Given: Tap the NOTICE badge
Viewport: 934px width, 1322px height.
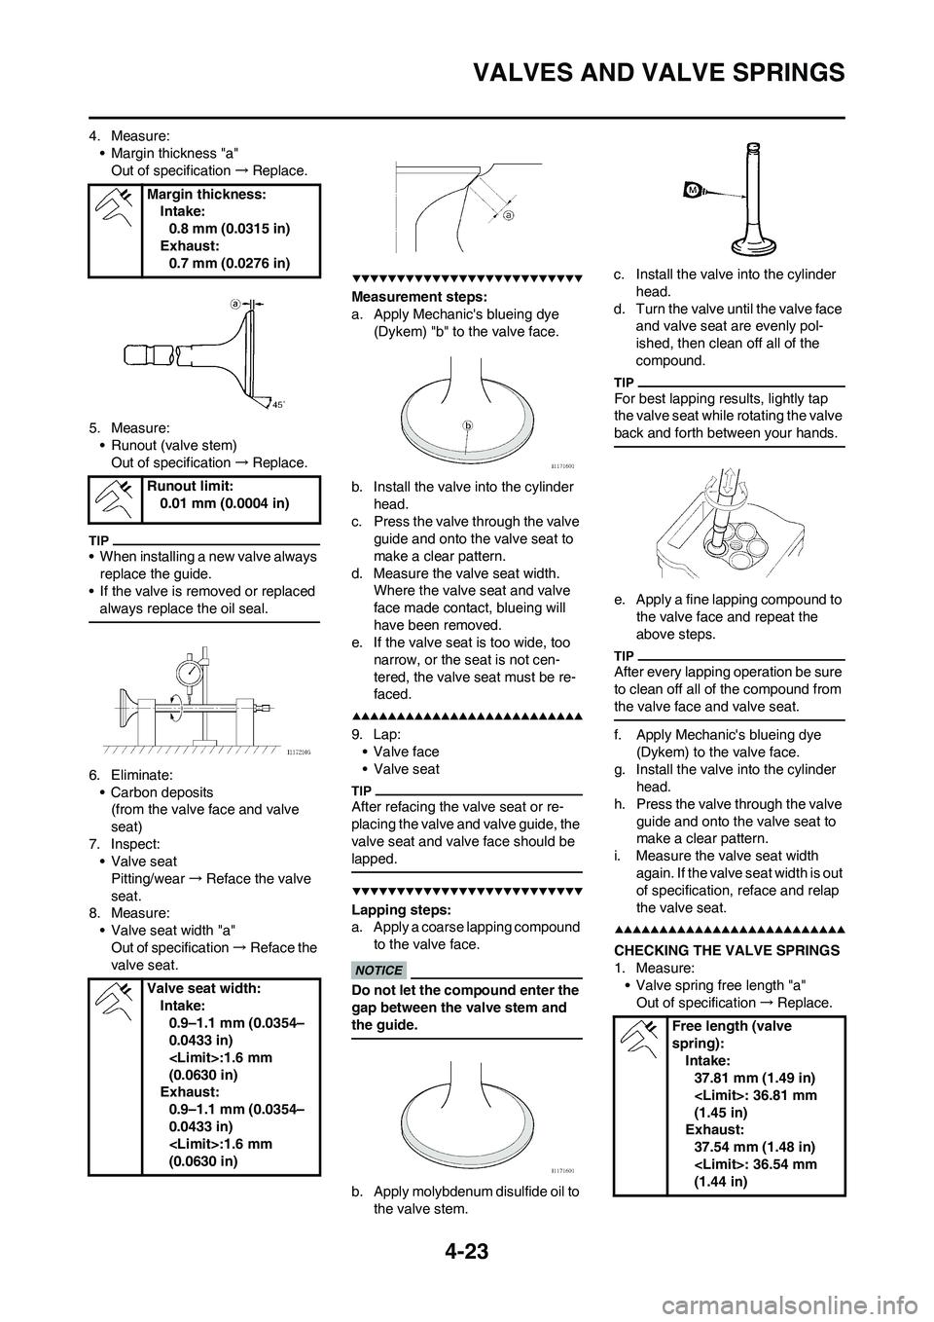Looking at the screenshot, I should point(379,970).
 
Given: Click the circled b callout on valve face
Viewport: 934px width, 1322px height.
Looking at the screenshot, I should point(467,425).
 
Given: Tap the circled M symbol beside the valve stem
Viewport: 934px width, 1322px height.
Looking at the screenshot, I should point(693,188).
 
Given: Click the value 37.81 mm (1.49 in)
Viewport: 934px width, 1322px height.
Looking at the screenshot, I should point(755,1078).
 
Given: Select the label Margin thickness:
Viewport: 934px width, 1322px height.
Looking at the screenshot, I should point(207,194).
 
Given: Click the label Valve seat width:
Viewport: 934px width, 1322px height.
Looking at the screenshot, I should point(204,987).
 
